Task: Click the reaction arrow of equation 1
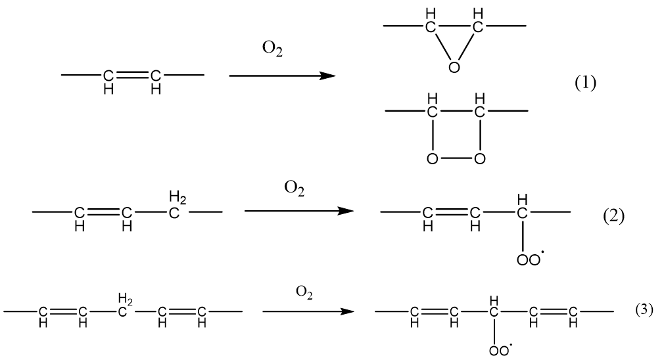pos(282,76)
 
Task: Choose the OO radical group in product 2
pos(527,258)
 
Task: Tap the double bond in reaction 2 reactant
pos(103,212)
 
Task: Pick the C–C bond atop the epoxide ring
pos(455,27)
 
